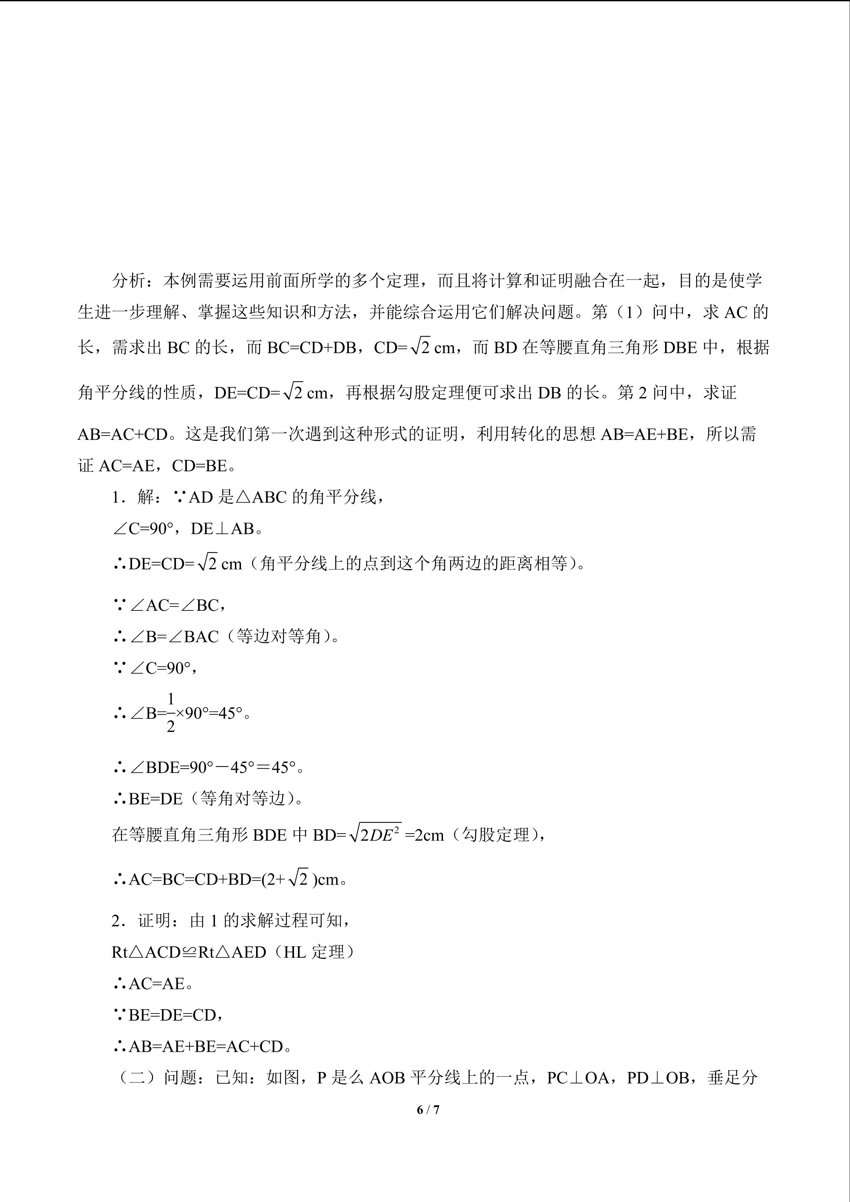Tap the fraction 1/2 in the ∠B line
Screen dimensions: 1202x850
(x=171, y=713)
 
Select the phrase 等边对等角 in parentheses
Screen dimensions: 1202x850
(x=278, y=637)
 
